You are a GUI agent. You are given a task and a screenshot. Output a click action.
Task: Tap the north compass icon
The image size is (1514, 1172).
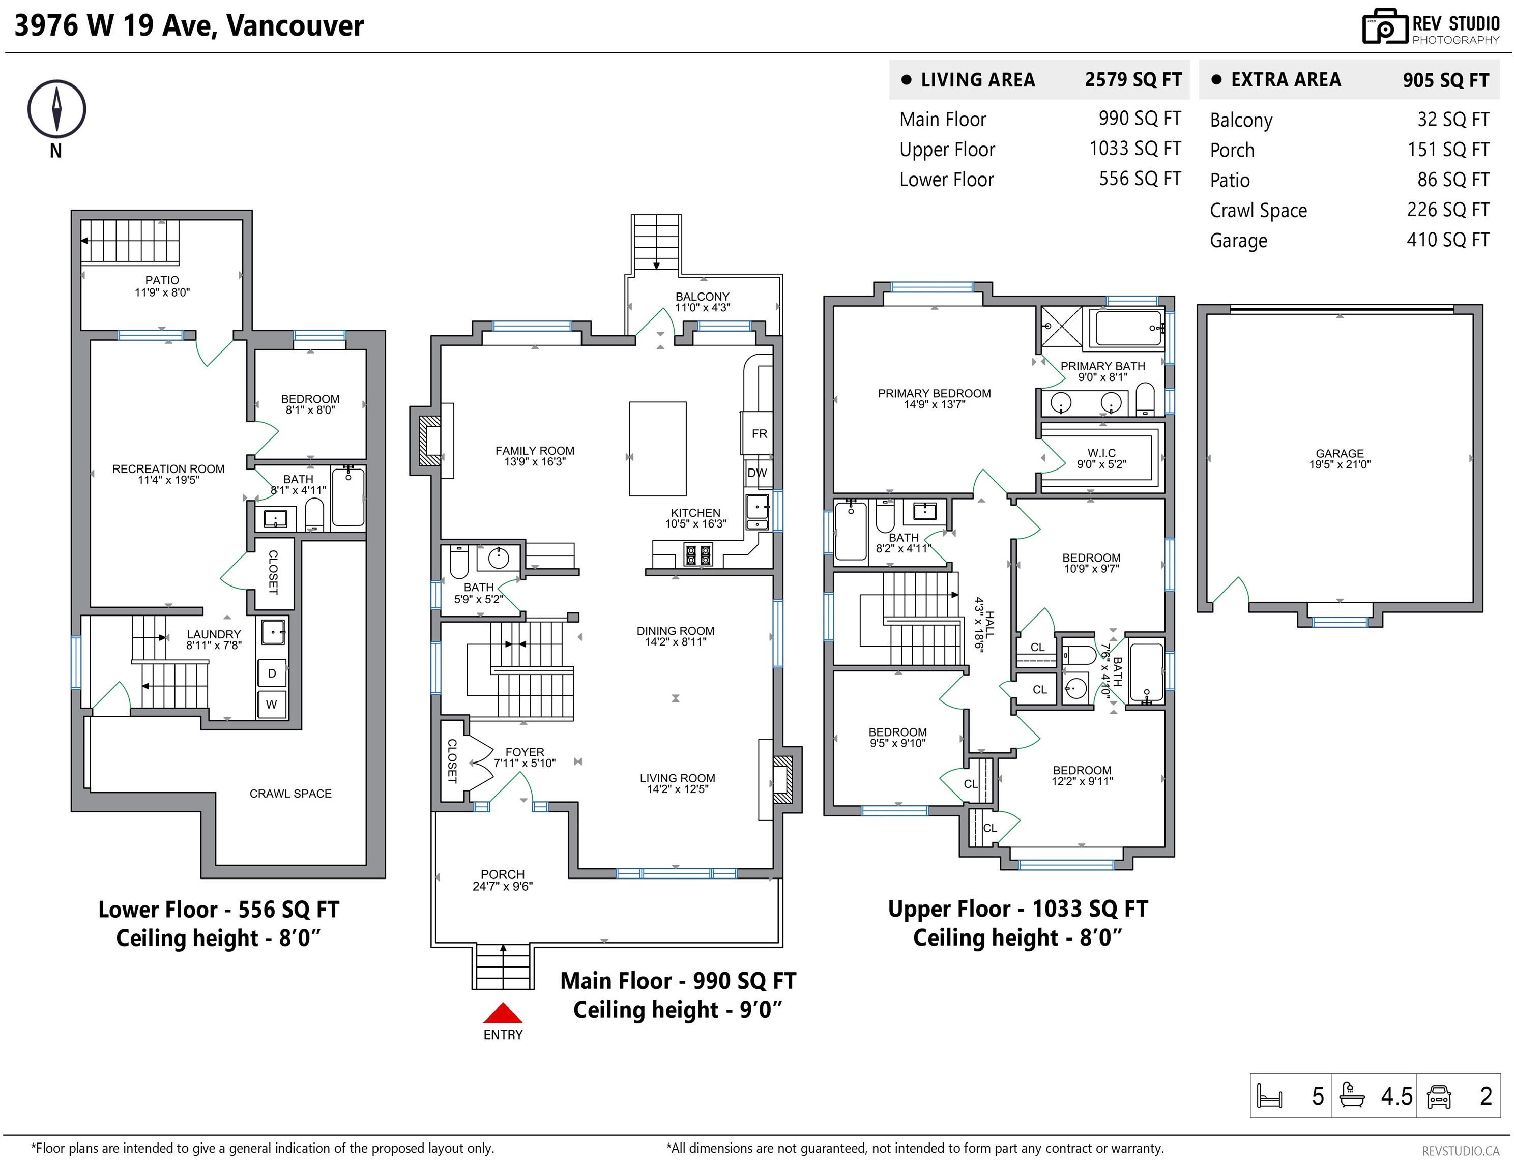point(56,109)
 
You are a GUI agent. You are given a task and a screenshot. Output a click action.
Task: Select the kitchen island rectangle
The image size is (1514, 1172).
point(657,449)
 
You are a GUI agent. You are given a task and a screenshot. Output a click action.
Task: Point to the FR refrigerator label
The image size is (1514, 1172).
point(759,434)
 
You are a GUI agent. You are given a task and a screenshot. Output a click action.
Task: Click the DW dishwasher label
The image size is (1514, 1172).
point(757,473)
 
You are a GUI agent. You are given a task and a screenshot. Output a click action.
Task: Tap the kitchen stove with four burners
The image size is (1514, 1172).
point(698,554)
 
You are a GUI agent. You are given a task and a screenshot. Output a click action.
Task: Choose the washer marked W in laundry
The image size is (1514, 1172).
point(272,704)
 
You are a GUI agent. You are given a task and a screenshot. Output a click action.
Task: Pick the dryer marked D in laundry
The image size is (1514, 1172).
point(272,673)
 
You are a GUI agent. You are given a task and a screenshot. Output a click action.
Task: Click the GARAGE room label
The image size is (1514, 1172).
point(1340,453)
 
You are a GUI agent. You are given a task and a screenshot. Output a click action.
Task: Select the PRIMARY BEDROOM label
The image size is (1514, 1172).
point(934,393)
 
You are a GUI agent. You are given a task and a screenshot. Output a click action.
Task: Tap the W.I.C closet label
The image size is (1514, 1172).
point(1101,453)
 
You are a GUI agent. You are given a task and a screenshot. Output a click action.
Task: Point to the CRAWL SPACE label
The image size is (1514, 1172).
point(290,794)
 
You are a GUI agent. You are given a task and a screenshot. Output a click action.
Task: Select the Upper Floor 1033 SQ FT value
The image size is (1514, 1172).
point(1135,149)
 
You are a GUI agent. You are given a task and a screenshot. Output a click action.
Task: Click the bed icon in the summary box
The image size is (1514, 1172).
point(1269,1096)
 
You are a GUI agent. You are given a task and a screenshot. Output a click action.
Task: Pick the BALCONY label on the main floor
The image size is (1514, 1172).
point(702,297)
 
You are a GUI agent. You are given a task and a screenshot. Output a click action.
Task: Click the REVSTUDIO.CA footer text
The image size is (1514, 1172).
point(1460,1151)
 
